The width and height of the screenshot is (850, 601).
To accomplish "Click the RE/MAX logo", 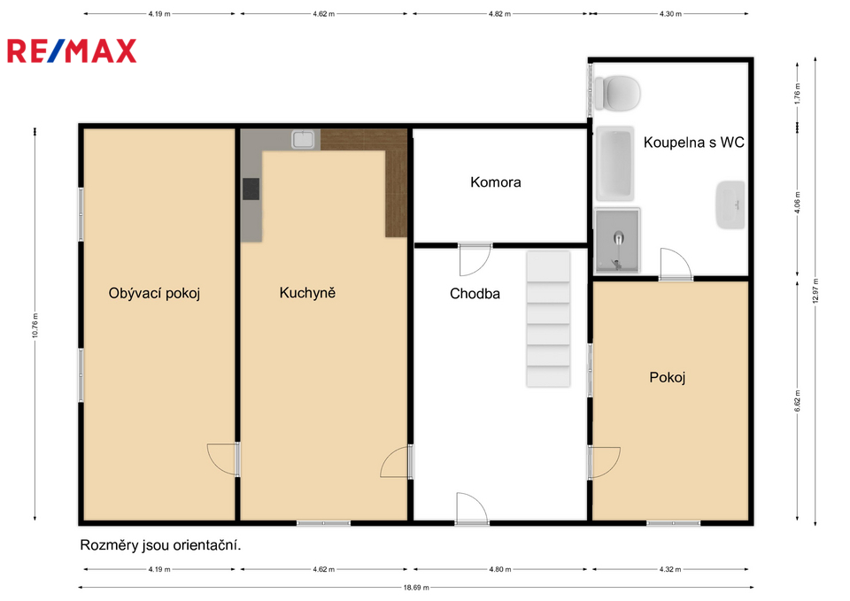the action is click(72, 51).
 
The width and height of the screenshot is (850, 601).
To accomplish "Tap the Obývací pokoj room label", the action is click(154, 293).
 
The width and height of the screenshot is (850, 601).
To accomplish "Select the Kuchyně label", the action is click(307, 293).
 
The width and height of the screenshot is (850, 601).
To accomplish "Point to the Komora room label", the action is click(496, 182).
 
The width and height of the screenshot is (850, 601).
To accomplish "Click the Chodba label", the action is click(475, 294).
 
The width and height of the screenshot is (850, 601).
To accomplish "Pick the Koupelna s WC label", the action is click(694, 143).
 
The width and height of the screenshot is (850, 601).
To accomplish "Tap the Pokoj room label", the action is click(668, 378).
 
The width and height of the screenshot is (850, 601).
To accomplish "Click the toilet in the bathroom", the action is click(617, 93).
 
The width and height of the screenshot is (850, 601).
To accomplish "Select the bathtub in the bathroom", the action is click(614, 163).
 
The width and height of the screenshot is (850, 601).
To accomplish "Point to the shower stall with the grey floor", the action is click(617, 241).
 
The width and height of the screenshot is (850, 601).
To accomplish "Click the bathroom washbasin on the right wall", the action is click(730, 204).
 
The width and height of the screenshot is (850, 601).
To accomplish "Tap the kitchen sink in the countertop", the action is click(303, 139).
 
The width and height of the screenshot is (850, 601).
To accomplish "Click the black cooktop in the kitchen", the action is click(251, 189).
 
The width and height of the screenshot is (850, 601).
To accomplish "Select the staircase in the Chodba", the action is click(548, 320).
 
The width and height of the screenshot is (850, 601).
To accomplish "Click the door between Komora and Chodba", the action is click(475, 259).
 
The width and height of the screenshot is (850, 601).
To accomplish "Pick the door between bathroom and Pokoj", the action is click(676, 265).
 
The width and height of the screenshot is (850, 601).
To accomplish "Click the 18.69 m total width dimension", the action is click(416, 587).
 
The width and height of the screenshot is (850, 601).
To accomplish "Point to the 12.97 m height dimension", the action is click(815, 291).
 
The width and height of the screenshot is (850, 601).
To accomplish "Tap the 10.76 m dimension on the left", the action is click(35, 325).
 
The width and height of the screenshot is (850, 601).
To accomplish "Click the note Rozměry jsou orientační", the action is click(160, 545).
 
